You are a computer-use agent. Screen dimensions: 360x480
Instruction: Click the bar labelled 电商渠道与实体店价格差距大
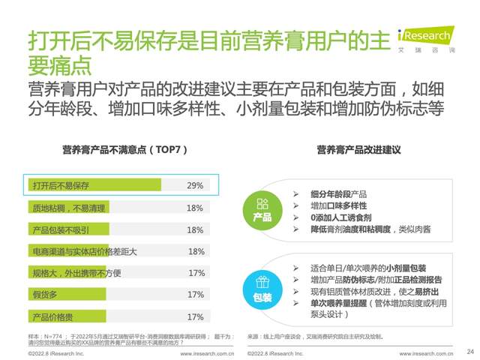94,251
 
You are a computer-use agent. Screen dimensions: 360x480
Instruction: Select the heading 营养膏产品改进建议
358,150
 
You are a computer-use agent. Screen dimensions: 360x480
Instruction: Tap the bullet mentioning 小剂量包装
367,268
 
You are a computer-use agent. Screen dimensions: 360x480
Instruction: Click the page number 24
470,351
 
